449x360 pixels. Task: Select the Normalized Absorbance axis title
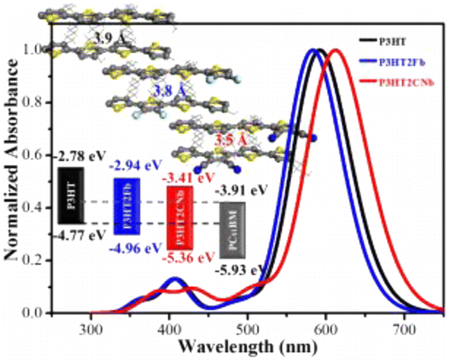point(13,180)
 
